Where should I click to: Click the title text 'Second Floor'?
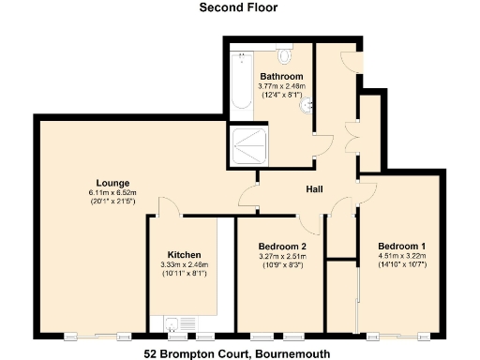tap(238, 7)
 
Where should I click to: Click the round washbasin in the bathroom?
tap(306, 107)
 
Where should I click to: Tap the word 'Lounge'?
tap(112, 183)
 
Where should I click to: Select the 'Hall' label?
tap(315, 189)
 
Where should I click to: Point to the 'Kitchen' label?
tap(184, 255)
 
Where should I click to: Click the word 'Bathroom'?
tap(281, 77)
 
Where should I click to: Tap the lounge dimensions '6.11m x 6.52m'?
tap(112, 193)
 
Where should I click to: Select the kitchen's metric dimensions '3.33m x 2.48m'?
tap(184, 265)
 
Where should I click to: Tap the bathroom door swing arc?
tap(322, 143)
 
